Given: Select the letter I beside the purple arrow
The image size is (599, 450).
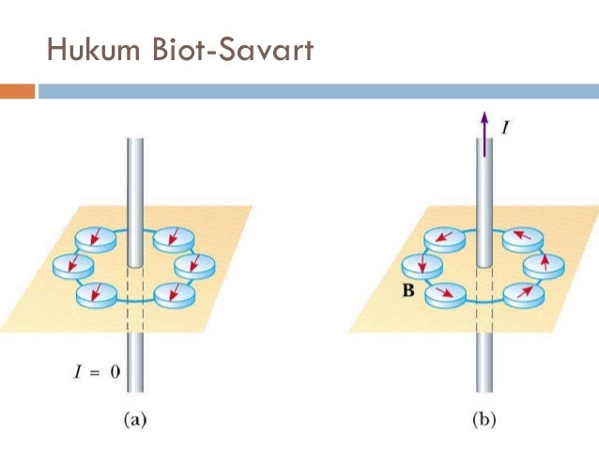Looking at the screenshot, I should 505,125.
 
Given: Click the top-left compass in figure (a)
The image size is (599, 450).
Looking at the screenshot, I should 97,240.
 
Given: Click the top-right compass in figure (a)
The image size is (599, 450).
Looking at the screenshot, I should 172,239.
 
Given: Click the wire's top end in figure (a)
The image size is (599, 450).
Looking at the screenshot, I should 134,144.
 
